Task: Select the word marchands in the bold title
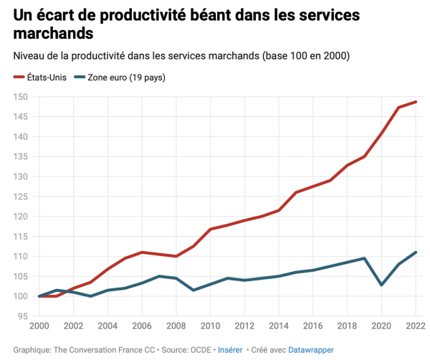pyautogui.click(x=54, y=33)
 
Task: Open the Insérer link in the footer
pyautogui.click(x=230, y=349)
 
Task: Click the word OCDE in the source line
pyautogui.click(x=196, y=349)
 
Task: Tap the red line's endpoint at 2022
pyautogui.click(x=416, y=102)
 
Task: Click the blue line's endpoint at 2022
pyautogui.click(x=416, y=252)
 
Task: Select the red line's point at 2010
pyautogui.click(x=209, y=229)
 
